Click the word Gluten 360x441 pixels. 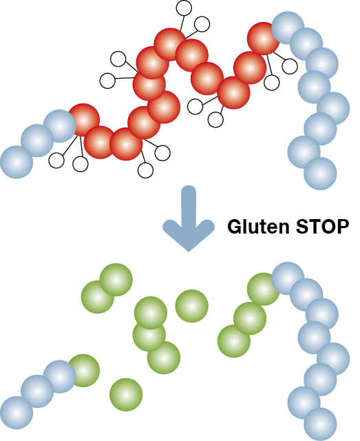(258, 227)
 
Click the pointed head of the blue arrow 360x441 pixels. (189, 236)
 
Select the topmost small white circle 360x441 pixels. (184, 8)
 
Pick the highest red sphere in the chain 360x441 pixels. (170, 44)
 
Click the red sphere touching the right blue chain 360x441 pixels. (264, 39)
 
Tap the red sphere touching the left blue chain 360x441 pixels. (83, 120)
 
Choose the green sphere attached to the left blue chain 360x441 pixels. (83, 371)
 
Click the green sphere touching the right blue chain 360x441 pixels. (264, 289)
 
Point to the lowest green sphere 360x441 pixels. (126, 395)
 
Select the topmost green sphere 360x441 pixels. (116, 280)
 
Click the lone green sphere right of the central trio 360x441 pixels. (191, 306)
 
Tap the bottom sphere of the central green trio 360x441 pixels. (164, 358)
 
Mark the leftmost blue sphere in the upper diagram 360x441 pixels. (17, 162)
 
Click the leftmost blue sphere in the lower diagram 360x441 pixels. (17, 413)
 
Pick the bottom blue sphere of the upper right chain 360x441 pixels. (320, 173)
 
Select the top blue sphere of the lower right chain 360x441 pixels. (288, 278)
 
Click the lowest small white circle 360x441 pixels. (145, 170)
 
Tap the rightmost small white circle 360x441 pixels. (290, 66)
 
